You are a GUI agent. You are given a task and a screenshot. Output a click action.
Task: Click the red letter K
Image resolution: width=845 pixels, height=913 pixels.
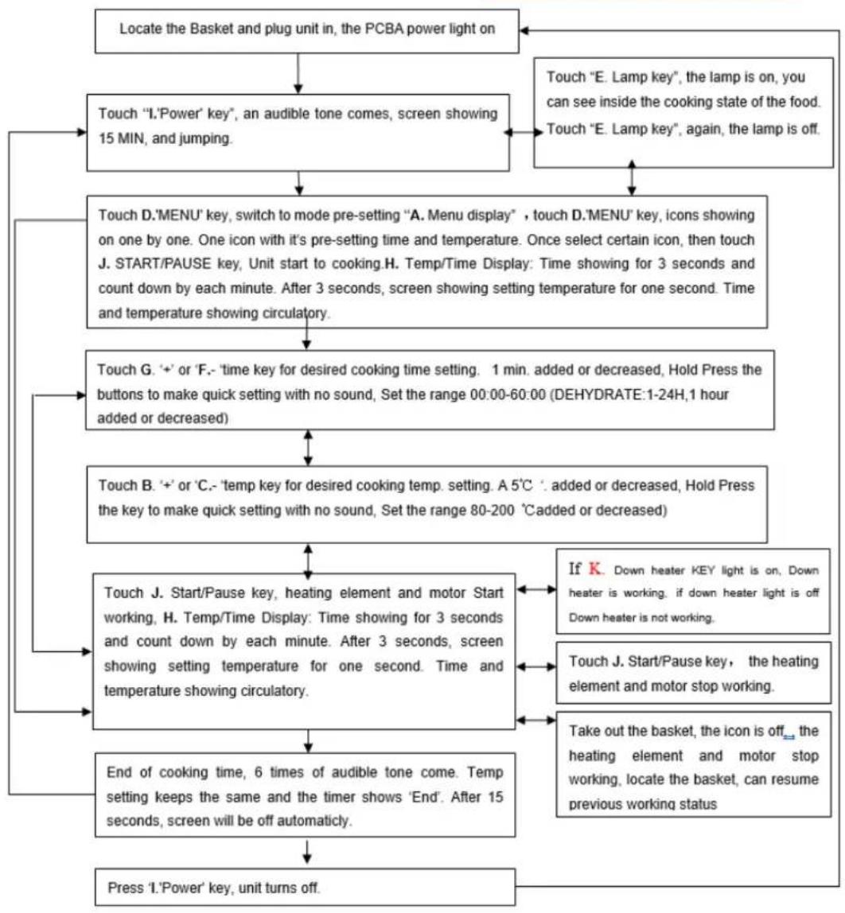(595, 569)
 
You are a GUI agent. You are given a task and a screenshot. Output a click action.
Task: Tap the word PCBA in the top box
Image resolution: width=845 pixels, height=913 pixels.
(384, 29)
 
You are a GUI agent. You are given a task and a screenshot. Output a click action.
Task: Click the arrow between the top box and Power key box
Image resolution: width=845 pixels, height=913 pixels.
(298, 73)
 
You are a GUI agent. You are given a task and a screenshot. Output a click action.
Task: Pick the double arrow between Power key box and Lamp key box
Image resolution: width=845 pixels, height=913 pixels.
(523, 132)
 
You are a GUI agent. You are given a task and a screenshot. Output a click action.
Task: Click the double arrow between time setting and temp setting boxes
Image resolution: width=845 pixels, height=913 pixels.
(308, 448)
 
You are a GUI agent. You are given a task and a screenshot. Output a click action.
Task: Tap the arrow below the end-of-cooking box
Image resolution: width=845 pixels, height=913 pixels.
(307, 851)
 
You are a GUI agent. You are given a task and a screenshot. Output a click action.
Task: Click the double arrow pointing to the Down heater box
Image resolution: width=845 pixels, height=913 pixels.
(536, 590)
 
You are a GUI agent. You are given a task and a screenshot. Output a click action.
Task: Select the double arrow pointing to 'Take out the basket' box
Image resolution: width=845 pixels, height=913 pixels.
(536, 721)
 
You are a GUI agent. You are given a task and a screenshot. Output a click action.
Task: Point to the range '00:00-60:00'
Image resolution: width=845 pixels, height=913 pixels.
(508, 394)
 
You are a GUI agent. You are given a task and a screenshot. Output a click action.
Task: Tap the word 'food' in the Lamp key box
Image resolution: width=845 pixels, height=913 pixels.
(804, 102)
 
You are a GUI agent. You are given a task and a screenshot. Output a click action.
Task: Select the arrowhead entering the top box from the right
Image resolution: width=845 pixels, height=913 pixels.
(524, 30)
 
